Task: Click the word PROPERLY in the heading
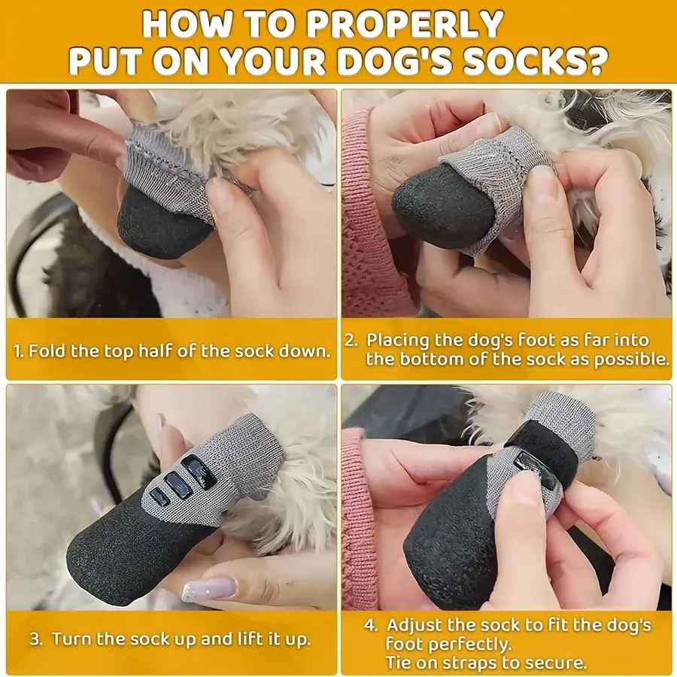[408, 24]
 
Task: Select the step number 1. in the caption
[20, 351]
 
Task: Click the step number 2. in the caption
[351, 340]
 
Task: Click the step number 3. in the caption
[35, 640]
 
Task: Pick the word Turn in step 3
[70, 640]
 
